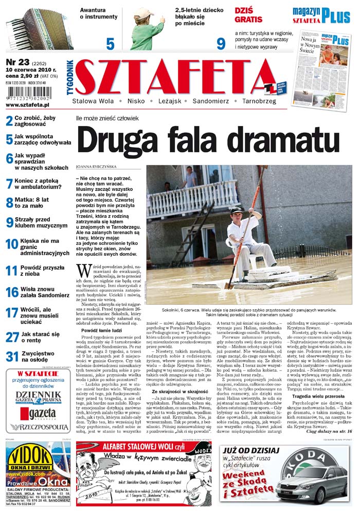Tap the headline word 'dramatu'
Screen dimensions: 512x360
(x=278, y=140)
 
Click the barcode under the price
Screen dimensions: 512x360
(x=25, y=95)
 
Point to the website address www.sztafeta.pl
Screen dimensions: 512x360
(x=27, y=104)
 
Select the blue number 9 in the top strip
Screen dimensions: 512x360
(x=221, y=44)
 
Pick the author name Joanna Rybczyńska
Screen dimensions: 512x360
(x=97, y=167)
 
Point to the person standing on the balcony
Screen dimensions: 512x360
(x=190, y=178)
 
